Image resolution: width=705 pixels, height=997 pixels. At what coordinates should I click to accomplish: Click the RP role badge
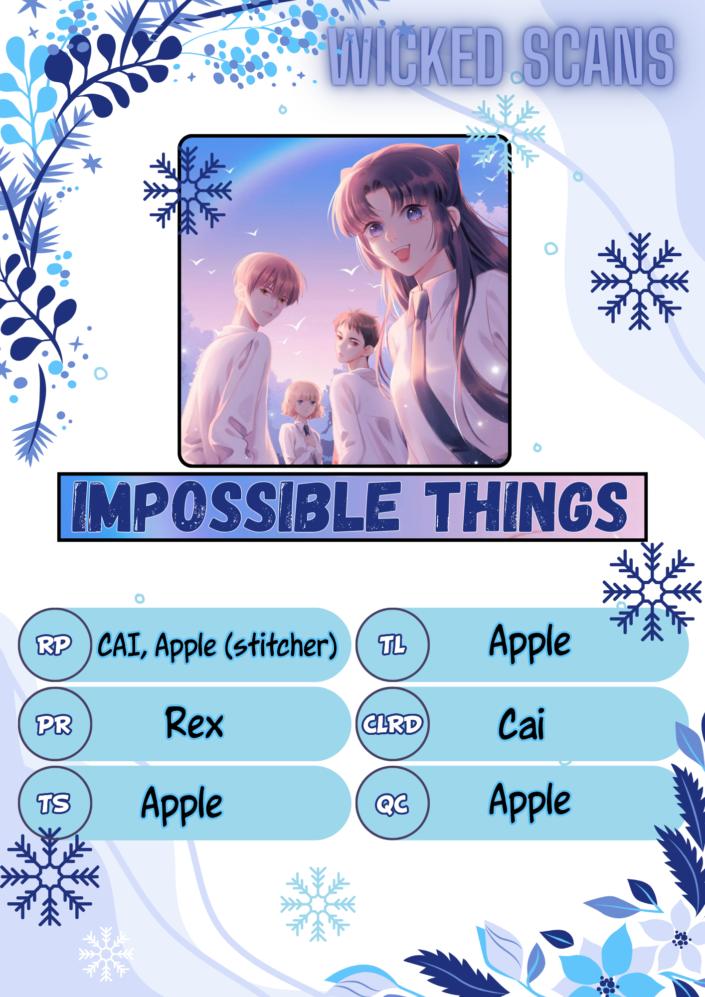click(55, 645)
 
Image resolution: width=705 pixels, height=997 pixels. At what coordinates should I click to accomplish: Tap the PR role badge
click(55, 724)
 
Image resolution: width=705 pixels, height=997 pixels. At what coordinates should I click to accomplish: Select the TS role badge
click(55, 803)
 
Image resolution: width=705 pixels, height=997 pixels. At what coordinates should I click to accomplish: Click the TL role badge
click(393, 645)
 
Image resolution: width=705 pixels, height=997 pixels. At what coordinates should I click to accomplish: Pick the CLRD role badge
click(393, 724)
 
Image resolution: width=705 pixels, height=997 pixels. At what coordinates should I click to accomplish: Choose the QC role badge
click(393, 803)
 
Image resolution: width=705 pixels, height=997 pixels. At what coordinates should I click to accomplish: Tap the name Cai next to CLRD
click(522, 724)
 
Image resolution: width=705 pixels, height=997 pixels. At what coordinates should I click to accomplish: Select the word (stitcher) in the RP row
click(281, 646)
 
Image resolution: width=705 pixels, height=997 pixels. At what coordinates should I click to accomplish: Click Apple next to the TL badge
click(530, 643)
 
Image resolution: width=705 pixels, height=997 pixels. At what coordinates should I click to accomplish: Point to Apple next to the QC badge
click(530, 801)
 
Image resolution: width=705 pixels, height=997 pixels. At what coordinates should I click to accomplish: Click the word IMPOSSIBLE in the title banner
click(236, 506)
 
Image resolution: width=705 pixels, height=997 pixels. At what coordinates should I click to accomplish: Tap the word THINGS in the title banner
click(526, 506)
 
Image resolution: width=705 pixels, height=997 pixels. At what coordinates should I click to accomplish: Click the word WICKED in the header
click(416, 56)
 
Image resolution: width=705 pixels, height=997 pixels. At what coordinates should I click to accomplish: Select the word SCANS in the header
click(598, 56)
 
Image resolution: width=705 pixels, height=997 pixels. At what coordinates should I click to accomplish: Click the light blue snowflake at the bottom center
click(318, 903)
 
